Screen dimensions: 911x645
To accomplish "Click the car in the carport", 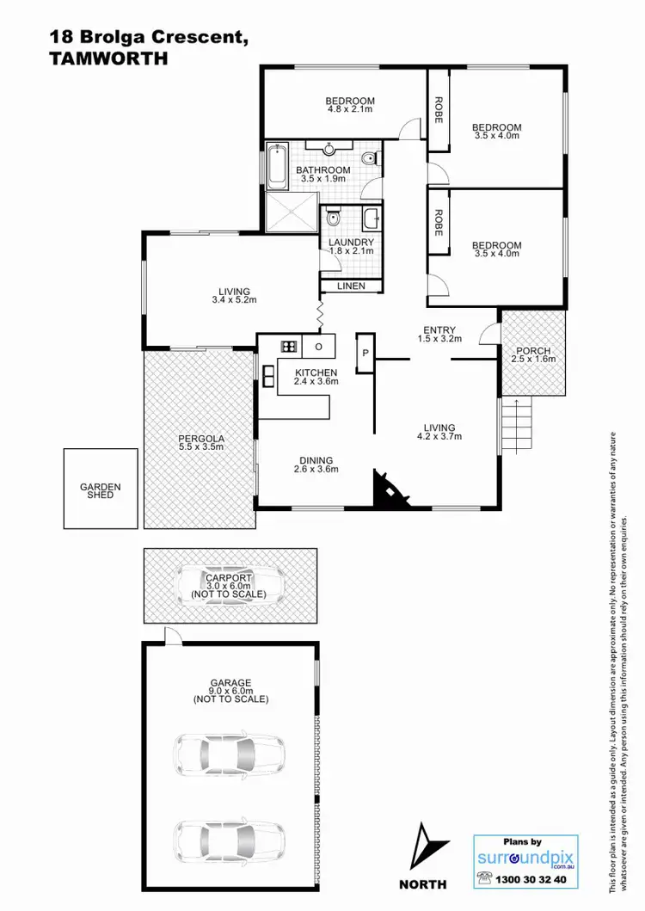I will [x=230, y=586].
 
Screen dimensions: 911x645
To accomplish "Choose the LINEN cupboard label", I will [x=351, y=286].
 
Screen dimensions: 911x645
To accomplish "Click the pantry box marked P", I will [x=365, y=353].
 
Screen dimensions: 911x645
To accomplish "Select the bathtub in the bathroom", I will [x=278, y=168].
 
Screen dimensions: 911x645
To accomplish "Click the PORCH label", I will [x=533, y=351].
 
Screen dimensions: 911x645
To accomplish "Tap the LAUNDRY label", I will [x=351, y=242].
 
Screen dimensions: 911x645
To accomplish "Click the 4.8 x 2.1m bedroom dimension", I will [x=351, y=109].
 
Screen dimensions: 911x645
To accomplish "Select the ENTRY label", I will [x=439, y=329].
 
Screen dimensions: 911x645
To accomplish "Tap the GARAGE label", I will [x=230, y=683].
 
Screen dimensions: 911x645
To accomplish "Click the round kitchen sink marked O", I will [x=318, y=347].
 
